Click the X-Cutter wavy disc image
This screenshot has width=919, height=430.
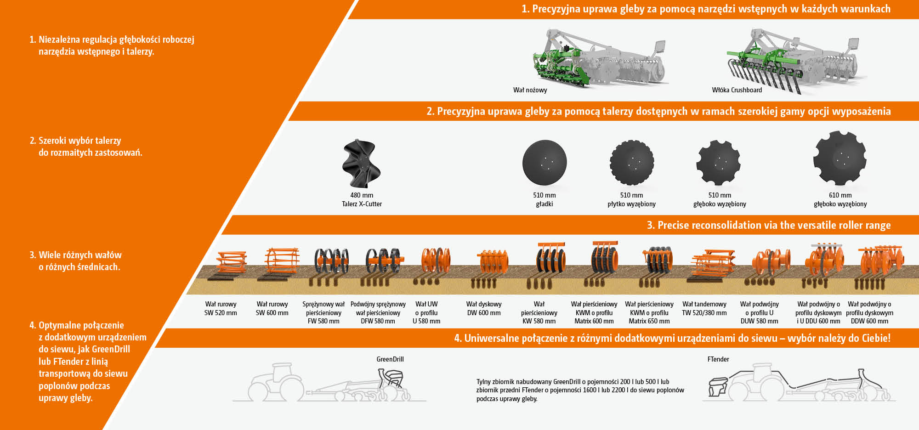click(362, 164)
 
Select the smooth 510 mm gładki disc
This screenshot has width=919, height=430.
click(545, 163)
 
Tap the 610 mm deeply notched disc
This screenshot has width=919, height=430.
click(840, 158)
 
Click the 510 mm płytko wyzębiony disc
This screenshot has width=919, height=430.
click(632, 163)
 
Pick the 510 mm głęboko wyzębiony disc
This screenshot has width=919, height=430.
click(719, 163)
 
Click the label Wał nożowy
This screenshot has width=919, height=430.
click(530, 90)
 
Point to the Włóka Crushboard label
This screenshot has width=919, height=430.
click(737, 90)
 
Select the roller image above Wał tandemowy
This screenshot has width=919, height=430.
click(713, 264)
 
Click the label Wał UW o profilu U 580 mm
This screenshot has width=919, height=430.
click(426, 312)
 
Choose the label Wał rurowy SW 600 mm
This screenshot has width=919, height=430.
click(272, 308)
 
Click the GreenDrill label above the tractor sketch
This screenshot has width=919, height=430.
click(390, 359)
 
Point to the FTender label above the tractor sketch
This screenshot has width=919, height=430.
click(718, 359)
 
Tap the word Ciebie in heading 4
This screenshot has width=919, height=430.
click(876, 338)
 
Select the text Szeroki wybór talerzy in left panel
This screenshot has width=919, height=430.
click(79, 141)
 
